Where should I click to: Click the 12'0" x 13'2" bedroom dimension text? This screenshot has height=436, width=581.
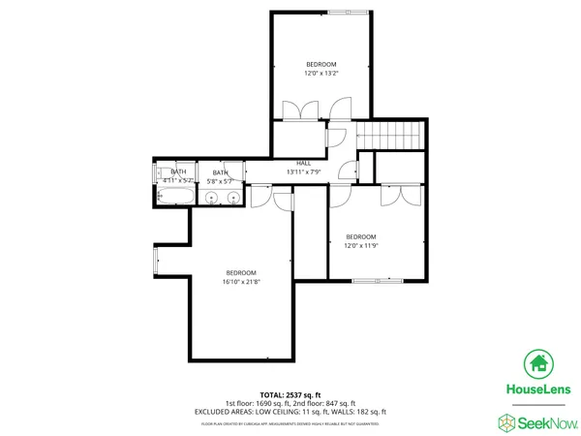point(321,73)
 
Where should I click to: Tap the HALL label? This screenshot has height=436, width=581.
point(303,162)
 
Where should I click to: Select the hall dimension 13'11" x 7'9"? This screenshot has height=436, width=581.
point(303,171)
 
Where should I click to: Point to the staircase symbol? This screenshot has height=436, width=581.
point(392,136)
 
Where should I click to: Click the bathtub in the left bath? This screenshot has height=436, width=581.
point(174,197)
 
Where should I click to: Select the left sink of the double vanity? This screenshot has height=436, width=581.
point(213,198)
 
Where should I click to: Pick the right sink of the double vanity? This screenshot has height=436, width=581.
point(232,198)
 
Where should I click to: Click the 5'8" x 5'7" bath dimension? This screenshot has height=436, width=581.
point(222,181)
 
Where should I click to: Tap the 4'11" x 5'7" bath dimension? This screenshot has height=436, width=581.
point(178,180)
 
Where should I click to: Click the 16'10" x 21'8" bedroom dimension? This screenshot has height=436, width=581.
point(241,282)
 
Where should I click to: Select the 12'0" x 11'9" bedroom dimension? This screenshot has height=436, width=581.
point(360,245)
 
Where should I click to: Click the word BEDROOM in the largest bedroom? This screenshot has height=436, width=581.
point(241,272)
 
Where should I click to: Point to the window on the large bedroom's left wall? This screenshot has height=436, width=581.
point(156,259)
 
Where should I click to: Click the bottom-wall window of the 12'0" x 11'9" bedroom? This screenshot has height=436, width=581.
point(378,280)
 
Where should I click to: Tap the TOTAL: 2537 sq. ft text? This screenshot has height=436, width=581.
point(290,395)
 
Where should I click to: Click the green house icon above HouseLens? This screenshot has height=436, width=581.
point(538,364)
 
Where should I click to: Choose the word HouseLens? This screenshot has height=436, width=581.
point(538,389)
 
